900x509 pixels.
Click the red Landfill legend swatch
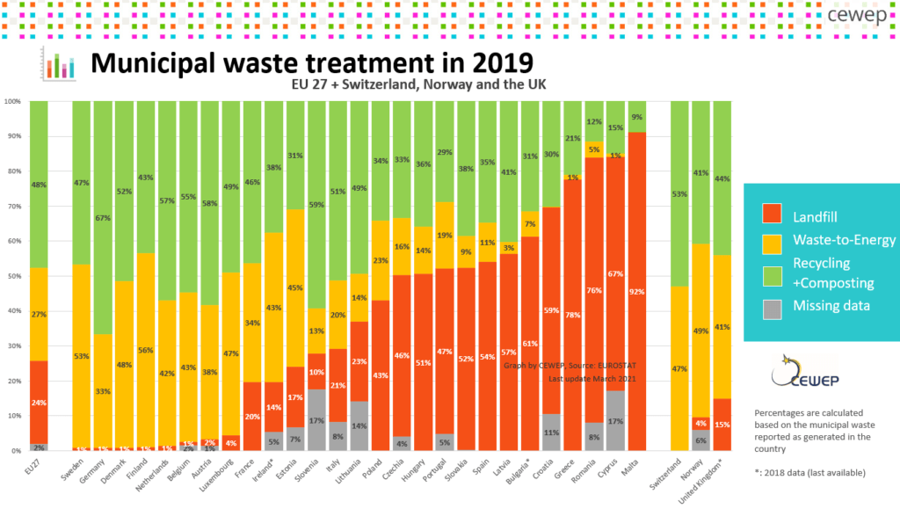(x=770, y=214)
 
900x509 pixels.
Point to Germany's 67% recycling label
(x=103, y=193)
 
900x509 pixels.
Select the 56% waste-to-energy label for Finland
(x=146, y=349)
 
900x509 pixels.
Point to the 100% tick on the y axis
(x=12, y=102)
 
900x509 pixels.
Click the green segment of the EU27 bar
(x=39, y=185)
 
